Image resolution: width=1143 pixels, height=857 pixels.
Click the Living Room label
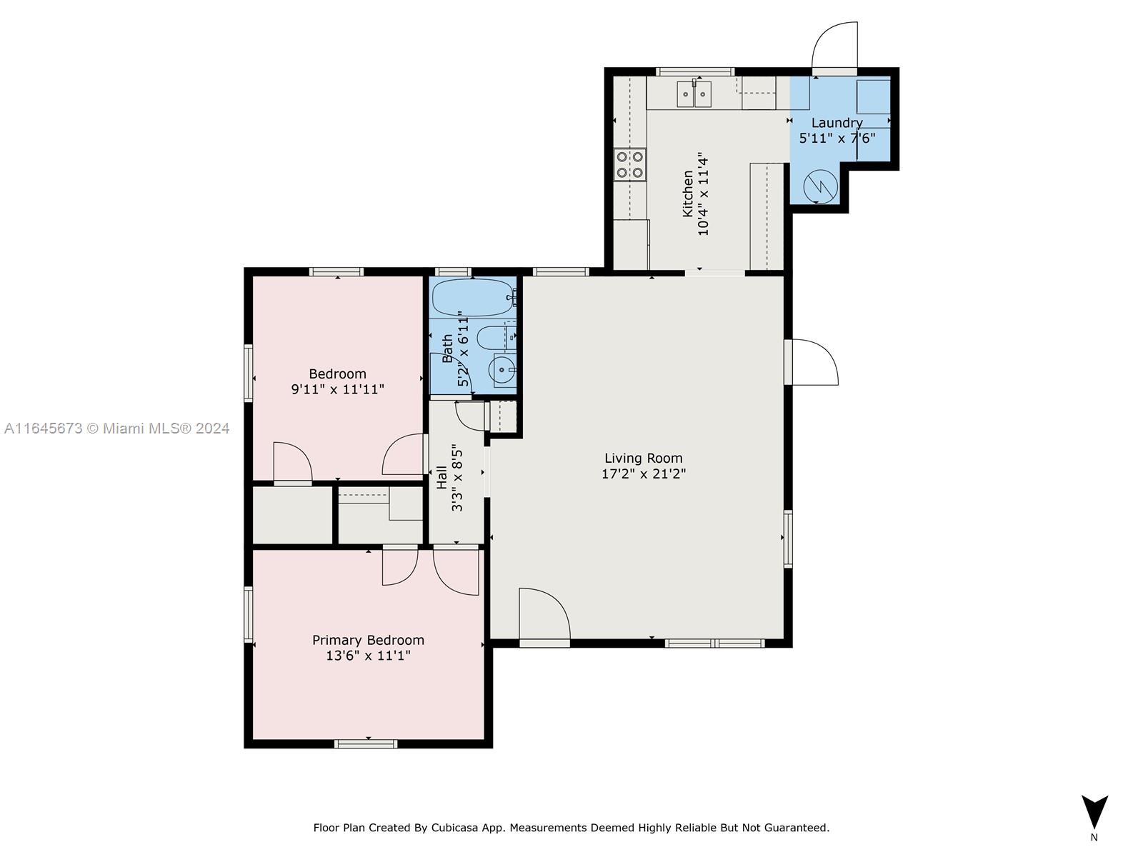643,458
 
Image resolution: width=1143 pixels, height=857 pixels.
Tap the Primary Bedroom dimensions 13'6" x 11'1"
368,656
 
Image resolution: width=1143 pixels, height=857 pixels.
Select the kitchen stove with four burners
629,164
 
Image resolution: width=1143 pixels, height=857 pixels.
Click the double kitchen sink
694,94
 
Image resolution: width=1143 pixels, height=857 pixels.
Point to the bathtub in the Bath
474,298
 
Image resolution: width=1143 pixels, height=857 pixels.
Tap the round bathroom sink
502,370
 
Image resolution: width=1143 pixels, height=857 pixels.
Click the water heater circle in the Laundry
820,186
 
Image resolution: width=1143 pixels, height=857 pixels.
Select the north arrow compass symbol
1094,812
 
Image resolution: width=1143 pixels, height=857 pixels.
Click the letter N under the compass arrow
1094,838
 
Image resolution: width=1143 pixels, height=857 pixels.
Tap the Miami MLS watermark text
116,428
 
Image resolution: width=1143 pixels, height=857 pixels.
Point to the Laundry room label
837,124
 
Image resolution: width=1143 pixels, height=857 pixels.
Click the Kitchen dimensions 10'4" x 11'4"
703,194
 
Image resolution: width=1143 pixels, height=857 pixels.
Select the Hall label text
441,477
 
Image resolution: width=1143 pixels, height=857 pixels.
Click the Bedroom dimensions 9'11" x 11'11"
337,389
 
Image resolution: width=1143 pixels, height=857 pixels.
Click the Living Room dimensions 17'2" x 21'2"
644,474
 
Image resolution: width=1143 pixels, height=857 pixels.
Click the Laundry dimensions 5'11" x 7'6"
837,139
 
